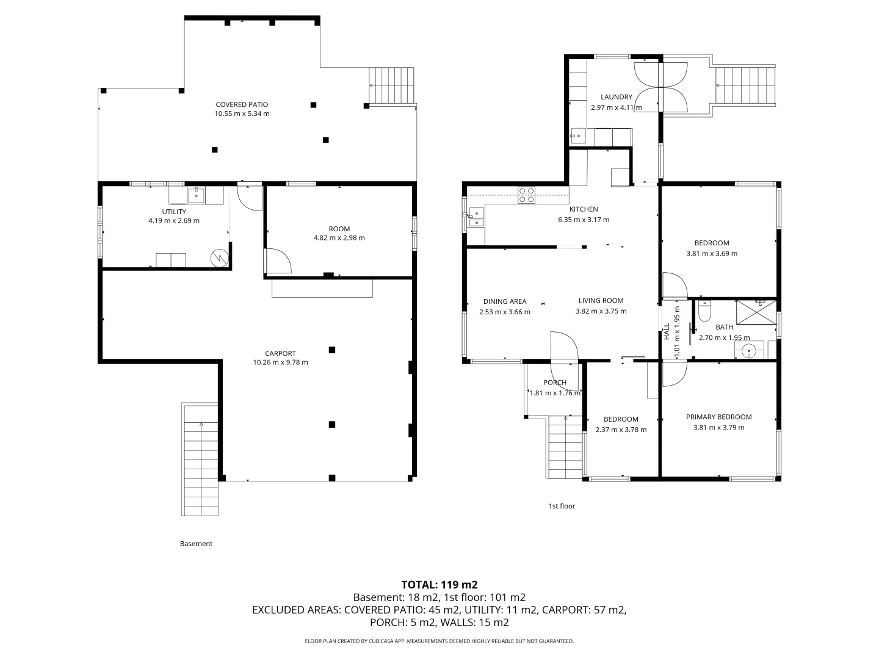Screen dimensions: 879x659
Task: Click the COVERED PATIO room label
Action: point(242,104)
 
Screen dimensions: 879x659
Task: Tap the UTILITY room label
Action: point(174,212)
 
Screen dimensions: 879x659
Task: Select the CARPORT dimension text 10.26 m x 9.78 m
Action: point(280,362)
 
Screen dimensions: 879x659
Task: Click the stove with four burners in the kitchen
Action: point(526,195)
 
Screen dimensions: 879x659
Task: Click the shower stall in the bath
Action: point(756,312)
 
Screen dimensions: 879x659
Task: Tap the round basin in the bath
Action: point(748,351)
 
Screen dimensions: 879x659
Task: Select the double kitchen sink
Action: point(476,217)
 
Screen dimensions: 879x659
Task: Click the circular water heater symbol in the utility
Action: point(220,258)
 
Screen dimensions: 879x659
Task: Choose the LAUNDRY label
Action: point(617,97)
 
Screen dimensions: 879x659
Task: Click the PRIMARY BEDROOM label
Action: point(719,417)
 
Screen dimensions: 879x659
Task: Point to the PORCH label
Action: point(555,382)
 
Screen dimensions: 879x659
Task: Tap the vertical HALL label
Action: point(667,331)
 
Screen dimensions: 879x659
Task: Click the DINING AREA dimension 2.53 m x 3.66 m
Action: point(505,312)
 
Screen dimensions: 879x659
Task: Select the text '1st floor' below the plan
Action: point(562,506)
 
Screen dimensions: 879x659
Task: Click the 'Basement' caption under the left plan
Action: point(196,543)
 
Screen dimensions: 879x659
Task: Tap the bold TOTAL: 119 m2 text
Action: point(440,585)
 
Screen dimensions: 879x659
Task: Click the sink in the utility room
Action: point(196,195)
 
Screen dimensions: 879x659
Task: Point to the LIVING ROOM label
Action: point(601,300)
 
